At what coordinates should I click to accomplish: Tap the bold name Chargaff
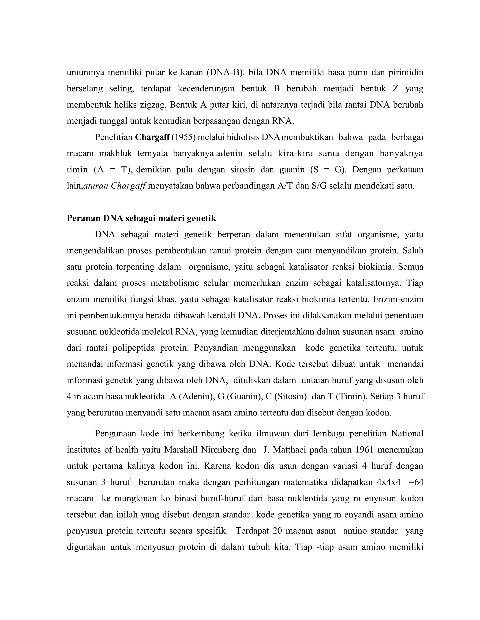coord(152,137)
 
